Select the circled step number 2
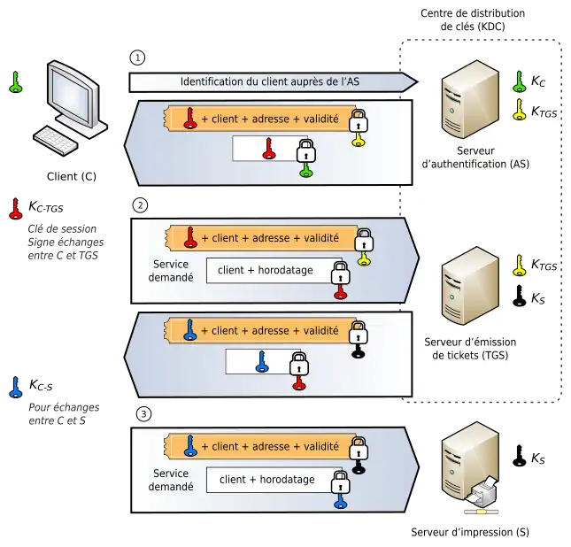pos(139,205)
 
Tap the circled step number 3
pos(143,413)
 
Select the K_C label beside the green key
pos(538,81)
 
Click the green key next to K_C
pos(520,82)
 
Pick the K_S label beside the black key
pos(538,298)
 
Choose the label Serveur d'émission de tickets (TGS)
pos(470,349)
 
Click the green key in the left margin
pos(15,83)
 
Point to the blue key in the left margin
pos(15,387)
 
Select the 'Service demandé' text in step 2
pos(171,270)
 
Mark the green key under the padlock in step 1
pos(305,167)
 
